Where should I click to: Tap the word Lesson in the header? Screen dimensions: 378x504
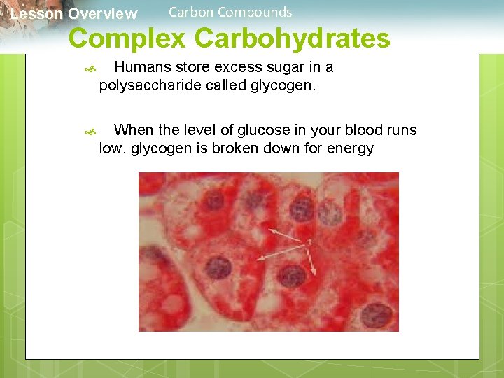click(37, 14)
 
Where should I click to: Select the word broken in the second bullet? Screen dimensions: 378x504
click(241, 148)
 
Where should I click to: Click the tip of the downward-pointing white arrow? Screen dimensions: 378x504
click(316, 274)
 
